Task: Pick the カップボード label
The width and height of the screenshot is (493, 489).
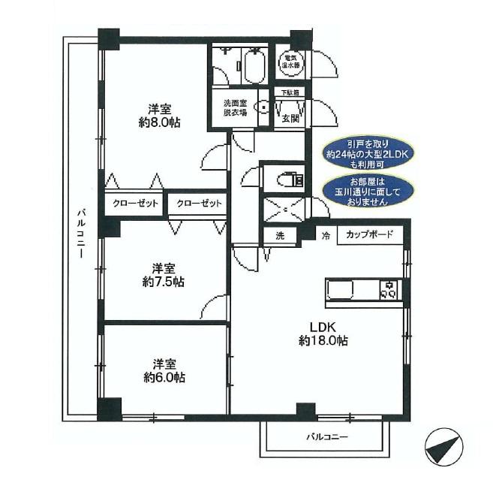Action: (x=369, y=235)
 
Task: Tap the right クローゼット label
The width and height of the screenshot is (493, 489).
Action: (x=199, y=204)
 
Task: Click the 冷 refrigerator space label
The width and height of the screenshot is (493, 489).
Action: (x=326, y=235)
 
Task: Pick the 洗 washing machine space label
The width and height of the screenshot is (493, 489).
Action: (x=280, y=235)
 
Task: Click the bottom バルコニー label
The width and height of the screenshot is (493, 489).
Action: (x=326, y=436)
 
